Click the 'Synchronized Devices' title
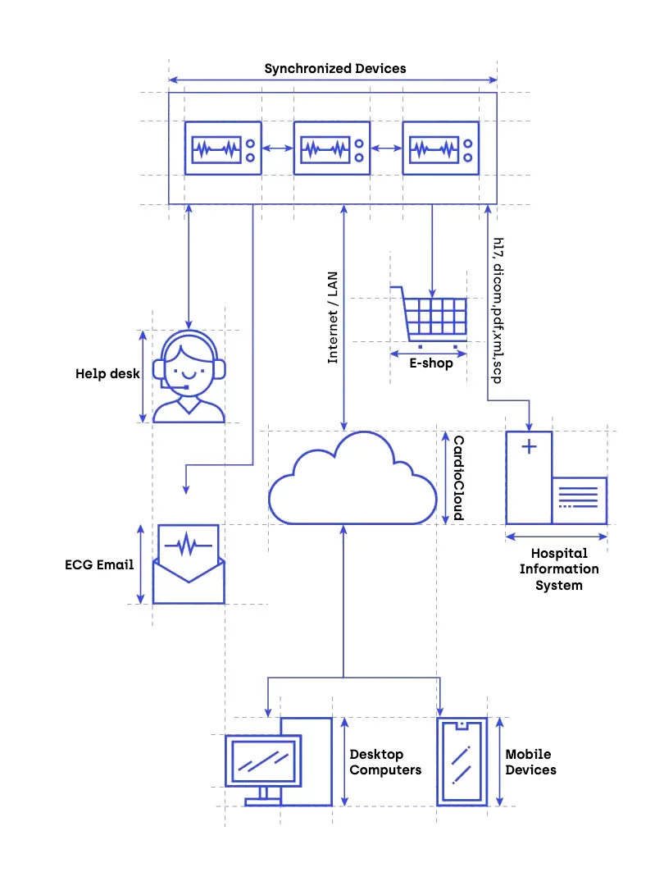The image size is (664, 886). coord(334,68)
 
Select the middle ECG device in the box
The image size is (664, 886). coord(332,148)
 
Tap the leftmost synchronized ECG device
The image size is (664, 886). coord(223,148)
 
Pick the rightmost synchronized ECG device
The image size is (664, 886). coord(440,148)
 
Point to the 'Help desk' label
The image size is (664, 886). coord(107,374)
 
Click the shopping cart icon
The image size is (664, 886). coord(431,315)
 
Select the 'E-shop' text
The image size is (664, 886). coord(431,363)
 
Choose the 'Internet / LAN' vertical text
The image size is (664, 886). coord(333,318)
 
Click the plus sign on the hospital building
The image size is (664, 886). coord(530,447)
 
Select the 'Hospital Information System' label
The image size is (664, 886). coord(559,569)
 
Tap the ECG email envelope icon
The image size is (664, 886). coord(189,564)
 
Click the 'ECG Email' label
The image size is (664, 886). coord(98,564)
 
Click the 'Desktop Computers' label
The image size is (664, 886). coord(385,762)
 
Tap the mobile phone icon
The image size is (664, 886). coord(462,762)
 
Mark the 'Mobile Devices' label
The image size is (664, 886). coord(530,762)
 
